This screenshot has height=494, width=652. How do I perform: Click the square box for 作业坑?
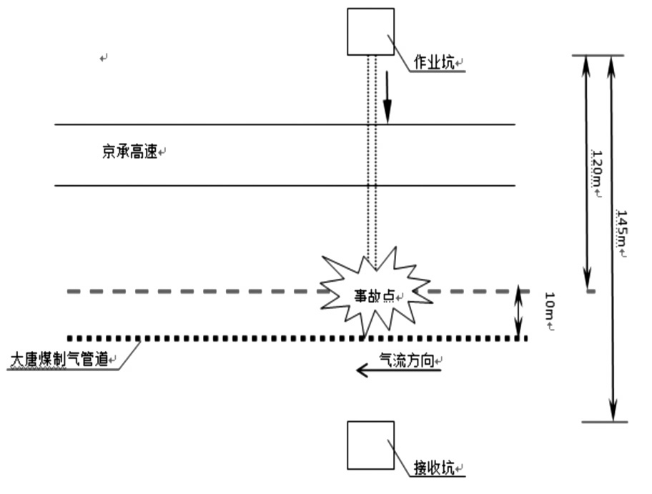pyautogui.click(x=370, y=31)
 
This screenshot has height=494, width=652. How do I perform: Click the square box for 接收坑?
pyautogui.click(x=370, y=445)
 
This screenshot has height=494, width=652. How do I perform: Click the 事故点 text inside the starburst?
pyautogui.click(x=375, y=296)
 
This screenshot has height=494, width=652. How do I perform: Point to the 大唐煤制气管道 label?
pyautogui.click(x=60, y=360)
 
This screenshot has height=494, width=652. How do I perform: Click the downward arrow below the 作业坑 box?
pyautogui.click(x=387, y=97)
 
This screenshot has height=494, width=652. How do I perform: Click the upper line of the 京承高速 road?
pyautogui.click(x=214, y=124)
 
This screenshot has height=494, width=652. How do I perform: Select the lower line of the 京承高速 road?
pyautogui.click(x=214, y=186)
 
